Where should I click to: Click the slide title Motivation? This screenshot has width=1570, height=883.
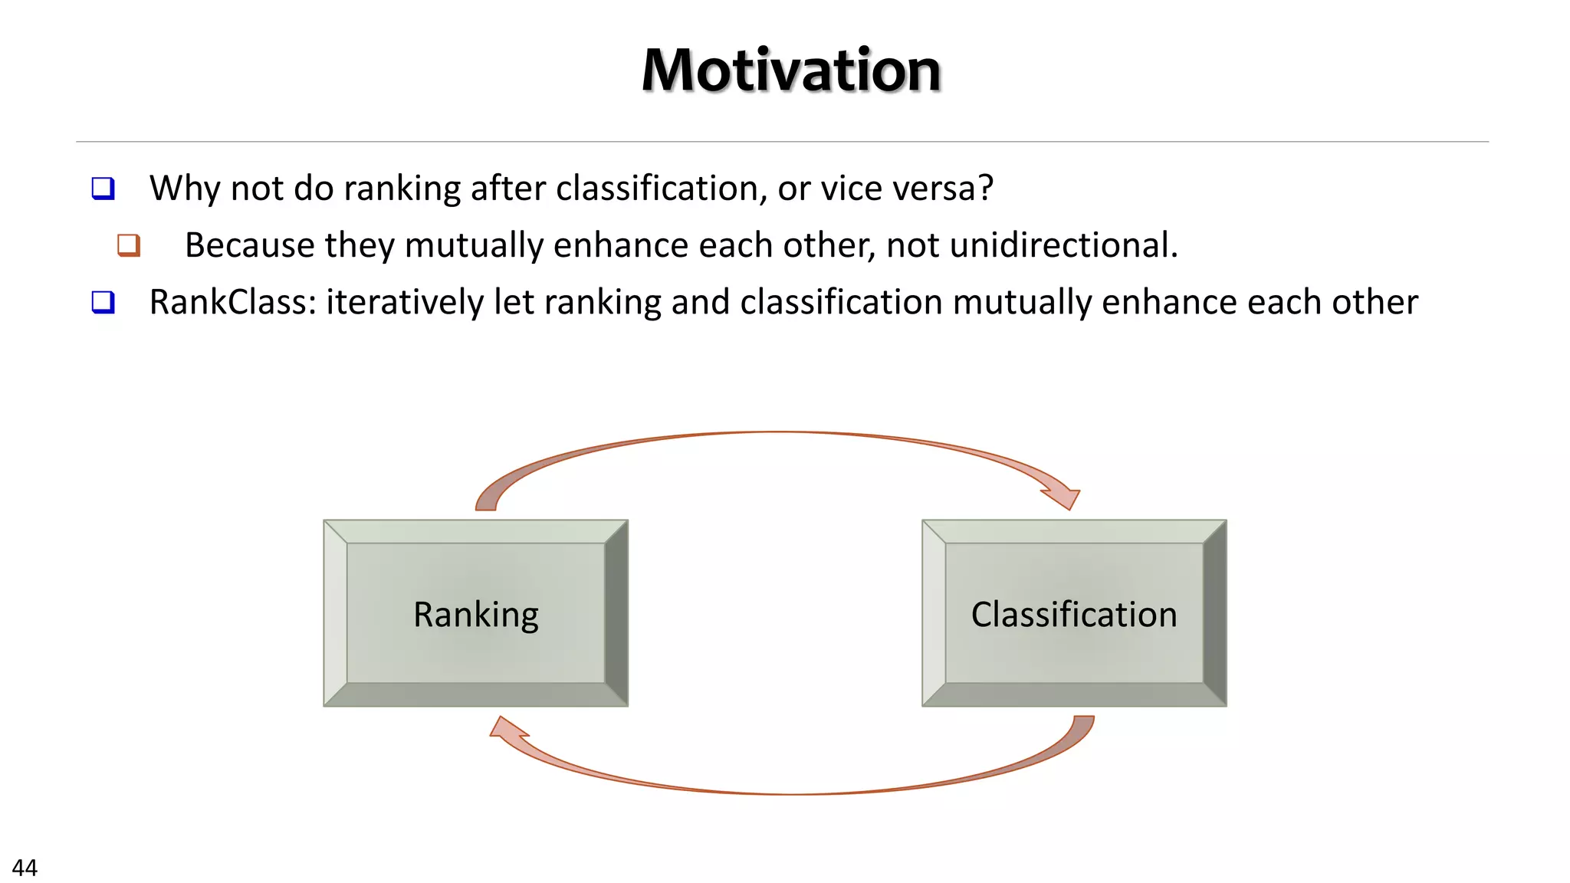pyautogui.click(x=790, y=71)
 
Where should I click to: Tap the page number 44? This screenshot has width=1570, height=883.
pyautogui.click(x=25, y=868)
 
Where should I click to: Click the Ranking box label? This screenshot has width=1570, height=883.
pyautogui.click(x=475, y=614)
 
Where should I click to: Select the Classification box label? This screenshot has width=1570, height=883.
pyautogui.click(x=1073, y=614)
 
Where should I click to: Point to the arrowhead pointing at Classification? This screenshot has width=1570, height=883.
pyautogui.click(x=1064, y=497)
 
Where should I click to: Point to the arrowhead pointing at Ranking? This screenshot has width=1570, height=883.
pyautogui.click(x=507, y=730)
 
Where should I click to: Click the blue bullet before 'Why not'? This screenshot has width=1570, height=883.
pyautogui.click(x=103, y=189)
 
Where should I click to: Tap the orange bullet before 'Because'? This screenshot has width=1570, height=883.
pyautogui.click(x=129, y=245)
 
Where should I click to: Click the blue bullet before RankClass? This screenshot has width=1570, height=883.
pyautogui.click(x=103, y=302)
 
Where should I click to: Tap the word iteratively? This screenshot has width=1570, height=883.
pyautogui.click(x=405, y=302)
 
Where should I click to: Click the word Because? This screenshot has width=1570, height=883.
pyautogui.click(x=250, y=245)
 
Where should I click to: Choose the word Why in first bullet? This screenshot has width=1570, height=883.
pyautogui.click(x=185, y=189)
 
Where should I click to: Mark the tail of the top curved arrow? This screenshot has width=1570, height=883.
pyautogui.click(x=486, y=502)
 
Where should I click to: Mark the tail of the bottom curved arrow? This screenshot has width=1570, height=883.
pyautogui.click(x=1083, y=724)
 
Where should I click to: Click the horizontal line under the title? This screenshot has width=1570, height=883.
pyautogui.click(x=782, y=142)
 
